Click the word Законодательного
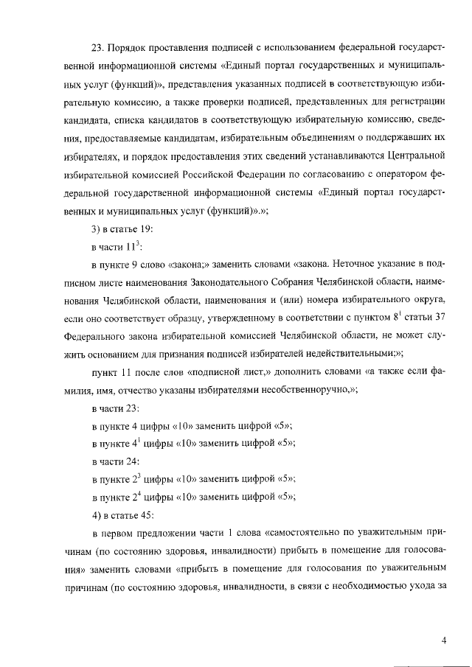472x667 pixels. coord(217,282)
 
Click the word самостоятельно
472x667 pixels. coord(303,531)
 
